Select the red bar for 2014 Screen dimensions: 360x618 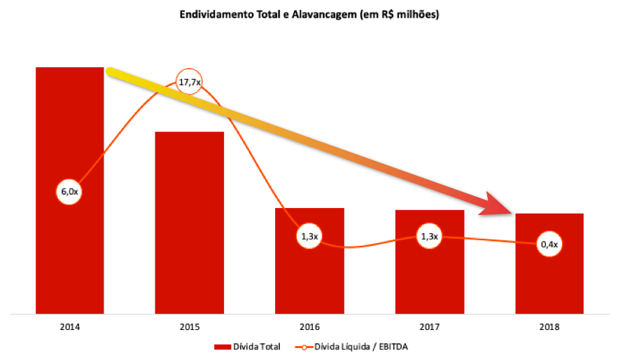(x=69, y=245)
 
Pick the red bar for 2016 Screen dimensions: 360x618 (x=309, y=280)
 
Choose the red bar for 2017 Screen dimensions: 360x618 (x=429, y=280)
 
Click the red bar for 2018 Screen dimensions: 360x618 (x=549, y=280)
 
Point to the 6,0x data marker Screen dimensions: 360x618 (x=69, y=191)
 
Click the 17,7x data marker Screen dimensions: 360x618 (x=189, y=83)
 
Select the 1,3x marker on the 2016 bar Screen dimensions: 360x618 (x=309, y=237)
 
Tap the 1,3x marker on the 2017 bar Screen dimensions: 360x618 (x=429, y=236)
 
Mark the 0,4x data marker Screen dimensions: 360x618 (x=549, y=244)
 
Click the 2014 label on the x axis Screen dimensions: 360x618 (x=69, y=326)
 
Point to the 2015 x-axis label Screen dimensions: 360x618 (x=189, y=326)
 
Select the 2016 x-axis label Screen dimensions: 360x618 (x=309, y=326)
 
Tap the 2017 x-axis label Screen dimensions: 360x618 (x=429, y=326)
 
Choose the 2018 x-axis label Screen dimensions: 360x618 (x=549, y=326)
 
